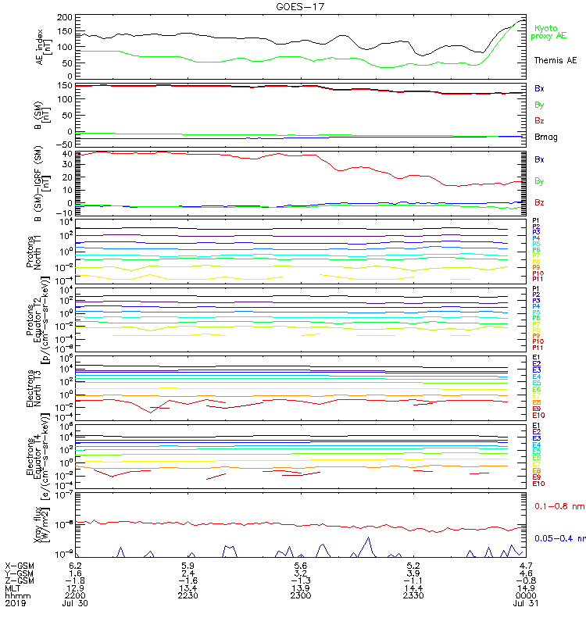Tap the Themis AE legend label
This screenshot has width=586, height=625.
pyautogui.click(x=555, y=60)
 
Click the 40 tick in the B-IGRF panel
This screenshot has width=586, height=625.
pyautogui.click(x=67, y=154)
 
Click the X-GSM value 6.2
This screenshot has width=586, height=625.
pyautogui.click(x=76, y=565)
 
